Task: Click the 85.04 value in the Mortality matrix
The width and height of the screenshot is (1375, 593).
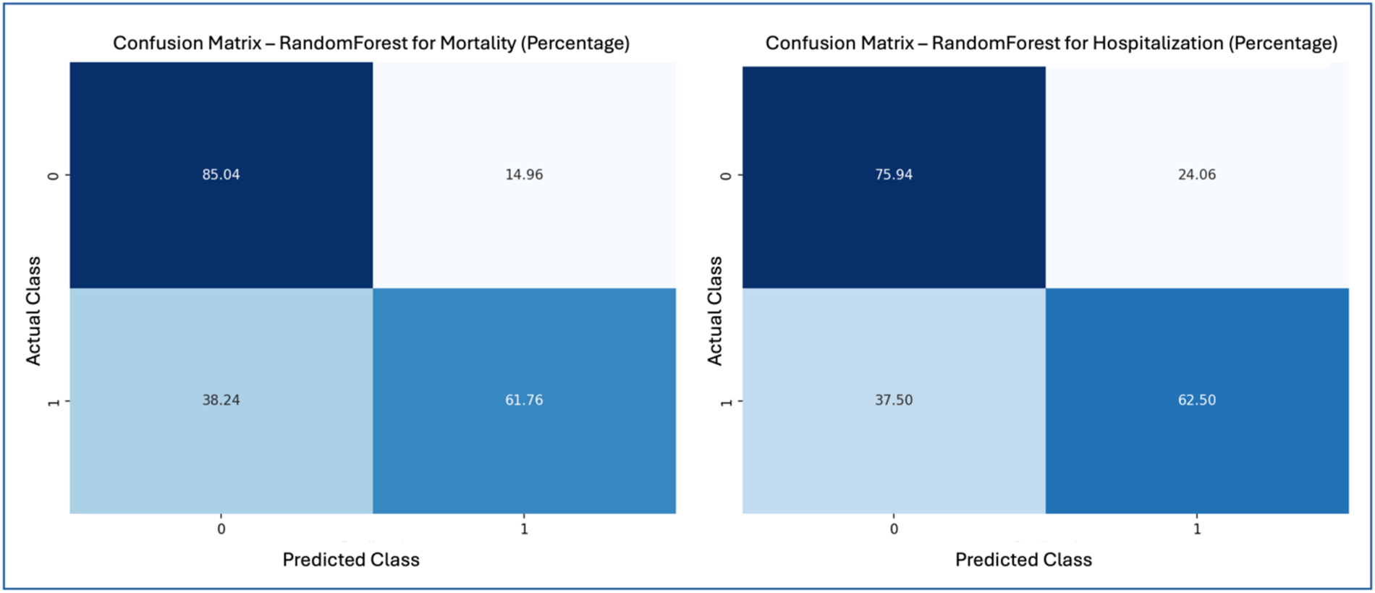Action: pyautogui.click(x=221, y=174)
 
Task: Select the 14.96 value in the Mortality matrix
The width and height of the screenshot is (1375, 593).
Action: pyautogui.click(x=524, y=174)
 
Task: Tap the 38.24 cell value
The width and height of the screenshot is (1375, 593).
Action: pyautogui.click(x=221, y=400)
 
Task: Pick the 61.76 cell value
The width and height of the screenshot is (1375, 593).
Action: pyautogui.click(x=524, y=400)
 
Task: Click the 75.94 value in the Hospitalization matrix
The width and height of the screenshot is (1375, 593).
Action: pyautogui.click(x=894, y=174)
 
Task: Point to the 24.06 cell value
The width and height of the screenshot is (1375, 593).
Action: pyautogui.click(x=1197, y=174)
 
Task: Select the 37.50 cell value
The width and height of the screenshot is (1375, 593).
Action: pyautogui.click(x=894, y=400)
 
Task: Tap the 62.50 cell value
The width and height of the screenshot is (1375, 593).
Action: pyautogui.click(x=1197, y=400)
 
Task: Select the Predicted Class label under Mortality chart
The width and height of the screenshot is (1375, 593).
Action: pyautogui.click(x=351, y=560)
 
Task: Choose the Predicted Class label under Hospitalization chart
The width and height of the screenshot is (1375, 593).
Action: pyautogui.click(x=1023, y=560)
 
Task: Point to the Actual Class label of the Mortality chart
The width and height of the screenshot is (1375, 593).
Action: pyautogui.click(x=33, y=311)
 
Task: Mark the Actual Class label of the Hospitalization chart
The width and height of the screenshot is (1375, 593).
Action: pyautogui.click(x=715, y=311)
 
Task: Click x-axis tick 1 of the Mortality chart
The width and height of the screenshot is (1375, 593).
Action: pyautogui.click(x=524, y=529)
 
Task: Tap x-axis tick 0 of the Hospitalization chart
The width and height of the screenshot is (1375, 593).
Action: pyautogui.click(x=894, y=529)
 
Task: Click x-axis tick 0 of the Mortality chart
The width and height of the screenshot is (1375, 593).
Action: pyautogui.click(x=221, y=529)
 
